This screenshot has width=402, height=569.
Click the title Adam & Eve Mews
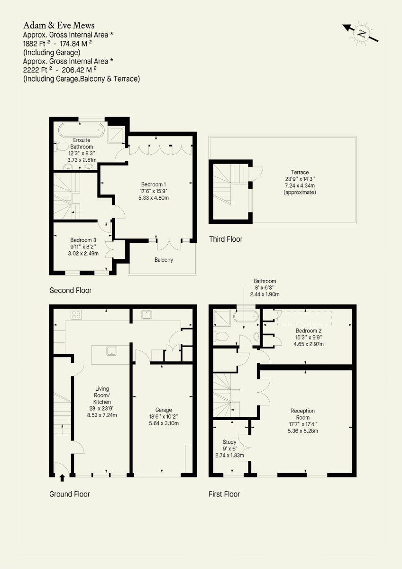(59, 26)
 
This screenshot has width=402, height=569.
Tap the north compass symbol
(361, 33)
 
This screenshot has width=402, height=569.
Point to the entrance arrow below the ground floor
(62, 478)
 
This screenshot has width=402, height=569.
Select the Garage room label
(164, 410)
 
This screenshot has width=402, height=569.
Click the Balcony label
(164, 260)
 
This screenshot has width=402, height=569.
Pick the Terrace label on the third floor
(300, 172)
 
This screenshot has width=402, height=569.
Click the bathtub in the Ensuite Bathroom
(81, 130)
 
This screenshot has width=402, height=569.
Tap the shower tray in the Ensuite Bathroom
(116, 134)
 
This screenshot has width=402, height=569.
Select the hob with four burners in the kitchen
(76, 314)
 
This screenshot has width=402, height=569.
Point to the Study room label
(229, 442)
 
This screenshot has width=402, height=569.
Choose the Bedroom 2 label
(308, 331)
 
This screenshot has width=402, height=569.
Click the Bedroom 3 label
(83, 240)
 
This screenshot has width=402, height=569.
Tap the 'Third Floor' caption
(226, 239)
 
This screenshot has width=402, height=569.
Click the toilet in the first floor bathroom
(221, 337)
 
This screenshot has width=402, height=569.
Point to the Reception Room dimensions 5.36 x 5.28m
(303, 431)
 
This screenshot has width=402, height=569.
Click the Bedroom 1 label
(154, 184)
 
